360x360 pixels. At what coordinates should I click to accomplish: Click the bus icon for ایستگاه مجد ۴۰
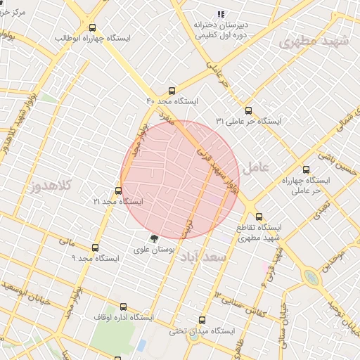pyautogui.click(x=172, y=91)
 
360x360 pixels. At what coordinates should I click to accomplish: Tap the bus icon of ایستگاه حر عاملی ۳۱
pyautogui.click(x=247, y=110)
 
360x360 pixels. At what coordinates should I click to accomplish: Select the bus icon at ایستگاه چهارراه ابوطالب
pyautogui.click(x=92, y=27)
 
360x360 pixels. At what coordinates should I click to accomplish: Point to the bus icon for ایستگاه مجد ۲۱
pyautogui.click(x=118, y=191)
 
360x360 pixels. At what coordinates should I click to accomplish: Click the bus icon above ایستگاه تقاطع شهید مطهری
pyautogui.click(x=259, y=217)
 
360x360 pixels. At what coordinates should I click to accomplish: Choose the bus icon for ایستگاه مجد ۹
pyautogui.click(x=96, y=247)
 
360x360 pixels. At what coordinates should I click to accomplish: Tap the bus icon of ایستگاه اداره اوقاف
pyautogui.click(x=124, y=307)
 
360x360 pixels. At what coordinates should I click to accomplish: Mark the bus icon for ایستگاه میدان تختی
pyautogui.click(x=202, y=320)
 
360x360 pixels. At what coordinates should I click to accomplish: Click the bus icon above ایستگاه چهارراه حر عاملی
pyautogui.click(x=306, y=169)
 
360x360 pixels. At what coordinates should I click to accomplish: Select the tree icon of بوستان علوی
pyautogui.click(x=154, y=238)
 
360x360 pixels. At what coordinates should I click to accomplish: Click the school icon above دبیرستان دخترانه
pyautogui.click(x=221, y=13)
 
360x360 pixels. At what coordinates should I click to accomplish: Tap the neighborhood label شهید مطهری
pyautogui.click(x=314, y=41)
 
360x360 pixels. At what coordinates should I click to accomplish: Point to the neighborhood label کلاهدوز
pyautogui.click(x=53, y=187)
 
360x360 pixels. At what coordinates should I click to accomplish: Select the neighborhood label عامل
pyautogui.click(x=255, y=168)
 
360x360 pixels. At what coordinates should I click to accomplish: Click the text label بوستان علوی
pyautogui.click(x=154, y=250)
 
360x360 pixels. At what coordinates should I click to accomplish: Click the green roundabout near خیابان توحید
pyautogui.click(x=311, y=278)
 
